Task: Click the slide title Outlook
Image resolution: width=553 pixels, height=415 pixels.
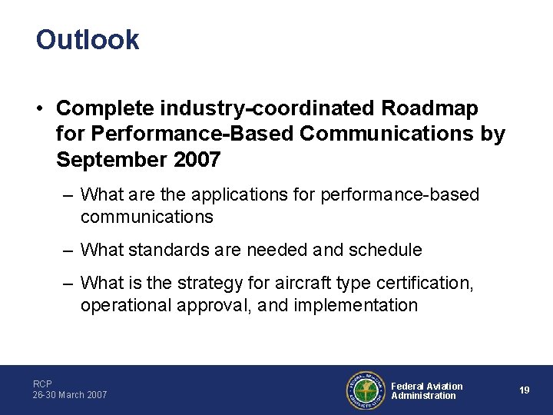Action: [x=88, y=40]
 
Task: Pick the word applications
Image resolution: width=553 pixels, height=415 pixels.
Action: [x=233, y=195]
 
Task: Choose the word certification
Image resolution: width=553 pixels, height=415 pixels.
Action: [x=426, y=284]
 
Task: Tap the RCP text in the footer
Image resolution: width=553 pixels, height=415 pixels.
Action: [x=42, y=383]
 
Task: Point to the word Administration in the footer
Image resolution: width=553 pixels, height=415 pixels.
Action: [x=423, y=396]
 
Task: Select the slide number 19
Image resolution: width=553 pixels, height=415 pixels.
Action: [x=524, y=390]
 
